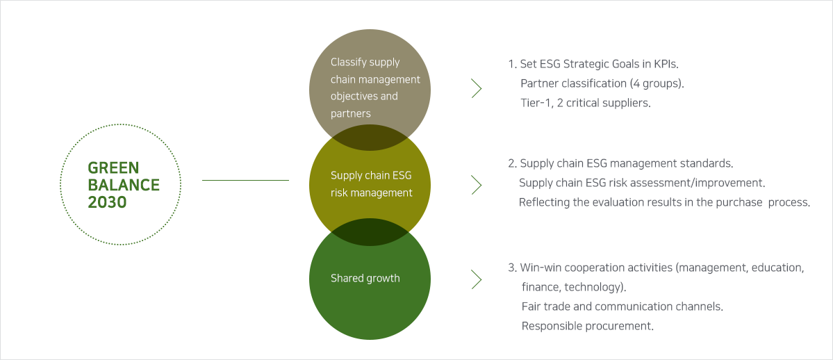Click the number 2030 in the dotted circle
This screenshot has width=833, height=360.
[x=107, y=202]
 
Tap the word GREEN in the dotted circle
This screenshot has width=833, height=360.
[x=113, y=168]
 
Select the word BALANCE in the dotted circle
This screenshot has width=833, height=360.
[x=124, y=185]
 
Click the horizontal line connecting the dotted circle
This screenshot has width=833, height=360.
[x=245, y=180]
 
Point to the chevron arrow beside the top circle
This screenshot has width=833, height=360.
[x=477, y=88]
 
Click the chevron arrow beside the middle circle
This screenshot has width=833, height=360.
[x=477, y=185]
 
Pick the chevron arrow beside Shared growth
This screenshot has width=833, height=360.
[x=477, y=279]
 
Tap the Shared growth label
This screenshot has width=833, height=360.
[x=365, y=278]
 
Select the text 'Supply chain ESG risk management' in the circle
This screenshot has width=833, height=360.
[x=372, y=184]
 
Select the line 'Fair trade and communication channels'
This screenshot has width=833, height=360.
[x=622, y=306]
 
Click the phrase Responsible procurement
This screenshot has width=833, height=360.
[x=588, y=326]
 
